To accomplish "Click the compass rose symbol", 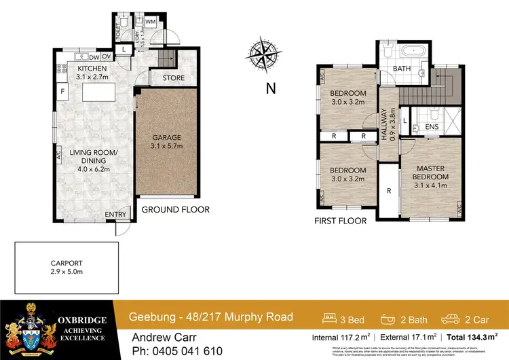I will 264,54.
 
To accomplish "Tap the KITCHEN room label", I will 91,69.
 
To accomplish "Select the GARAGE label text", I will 166,137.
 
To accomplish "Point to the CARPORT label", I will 67,263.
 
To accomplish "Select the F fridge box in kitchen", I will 62,91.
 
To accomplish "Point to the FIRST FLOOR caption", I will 341,221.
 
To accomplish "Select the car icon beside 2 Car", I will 451,317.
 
